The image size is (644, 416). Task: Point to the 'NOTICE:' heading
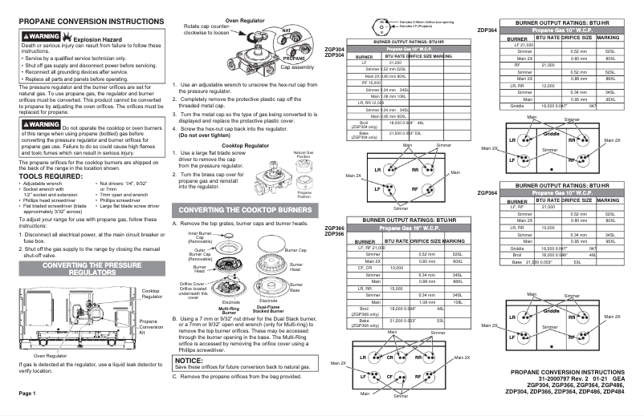click(x=190, y=361)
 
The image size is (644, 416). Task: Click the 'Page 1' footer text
click(x=24, y=394)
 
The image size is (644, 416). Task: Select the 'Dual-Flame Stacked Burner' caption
click(x=270, y=309)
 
